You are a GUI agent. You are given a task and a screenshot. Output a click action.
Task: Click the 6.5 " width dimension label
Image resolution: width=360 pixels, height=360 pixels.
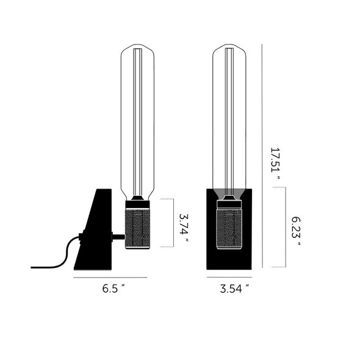tap(113, 289)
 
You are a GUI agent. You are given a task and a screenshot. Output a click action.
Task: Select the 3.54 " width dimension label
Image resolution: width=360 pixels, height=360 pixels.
tap(234, 289)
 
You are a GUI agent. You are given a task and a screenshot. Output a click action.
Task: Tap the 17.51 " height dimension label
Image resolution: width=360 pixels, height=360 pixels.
tap(276, 164)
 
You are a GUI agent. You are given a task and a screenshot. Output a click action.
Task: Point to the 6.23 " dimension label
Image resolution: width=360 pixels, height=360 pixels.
tap(296, 231)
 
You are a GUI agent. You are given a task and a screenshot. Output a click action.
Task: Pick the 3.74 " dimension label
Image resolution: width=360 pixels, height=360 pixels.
tap(184, 228)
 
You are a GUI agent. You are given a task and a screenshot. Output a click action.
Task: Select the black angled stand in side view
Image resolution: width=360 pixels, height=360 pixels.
tap(93, 229)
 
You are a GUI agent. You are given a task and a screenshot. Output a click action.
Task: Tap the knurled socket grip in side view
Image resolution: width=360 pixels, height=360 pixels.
tap(137, 229)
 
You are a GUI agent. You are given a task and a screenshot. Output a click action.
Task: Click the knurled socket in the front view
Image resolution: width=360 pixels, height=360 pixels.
tap(229, 229)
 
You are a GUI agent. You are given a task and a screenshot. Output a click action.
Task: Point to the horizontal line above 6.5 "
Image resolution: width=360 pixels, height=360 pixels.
tap(110, 278)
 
